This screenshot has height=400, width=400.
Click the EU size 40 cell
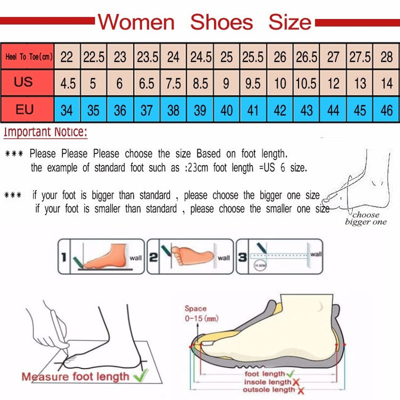[226, 110]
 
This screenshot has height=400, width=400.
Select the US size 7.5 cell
[174, 83]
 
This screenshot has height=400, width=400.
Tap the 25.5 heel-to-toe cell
[253, 57]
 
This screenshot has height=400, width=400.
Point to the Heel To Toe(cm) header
[28, 57]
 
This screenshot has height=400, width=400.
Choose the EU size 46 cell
[386, 110]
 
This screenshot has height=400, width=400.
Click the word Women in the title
[136, 22]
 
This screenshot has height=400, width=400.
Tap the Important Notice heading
[46, 132]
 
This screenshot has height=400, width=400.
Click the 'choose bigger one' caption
[366, 218]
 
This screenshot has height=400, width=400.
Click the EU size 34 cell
[67, 110]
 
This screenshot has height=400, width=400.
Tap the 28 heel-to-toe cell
[386, 57]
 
